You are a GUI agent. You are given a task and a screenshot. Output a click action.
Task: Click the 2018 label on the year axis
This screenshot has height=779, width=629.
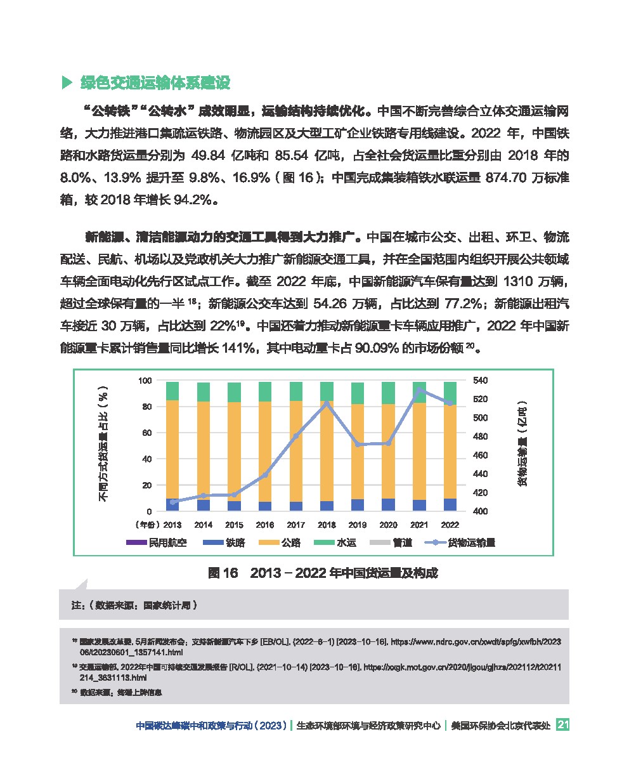point(327,525)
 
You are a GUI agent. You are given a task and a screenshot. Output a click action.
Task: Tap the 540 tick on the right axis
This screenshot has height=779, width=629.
point(480,380)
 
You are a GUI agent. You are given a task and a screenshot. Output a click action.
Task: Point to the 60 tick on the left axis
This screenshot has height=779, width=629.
point(146,433)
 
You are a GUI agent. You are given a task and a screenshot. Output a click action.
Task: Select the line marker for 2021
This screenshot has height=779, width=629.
point(419,390)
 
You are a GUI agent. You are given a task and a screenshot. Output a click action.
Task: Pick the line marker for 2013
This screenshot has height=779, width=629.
point(172,502)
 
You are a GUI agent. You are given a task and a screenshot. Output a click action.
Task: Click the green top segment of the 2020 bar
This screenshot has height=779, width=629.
point(388,393)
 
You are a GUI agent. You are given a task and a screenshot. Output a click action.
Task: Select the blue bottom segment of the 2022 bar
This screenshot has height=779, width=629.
point(450,504)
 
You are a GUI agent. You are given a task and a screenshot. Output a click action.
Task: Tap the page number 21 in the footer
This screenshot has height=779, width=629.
point(562,725)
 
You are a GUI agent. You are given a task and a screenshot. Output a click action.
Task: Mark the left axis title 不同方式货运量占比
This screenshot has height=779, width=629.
point(104,444)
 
